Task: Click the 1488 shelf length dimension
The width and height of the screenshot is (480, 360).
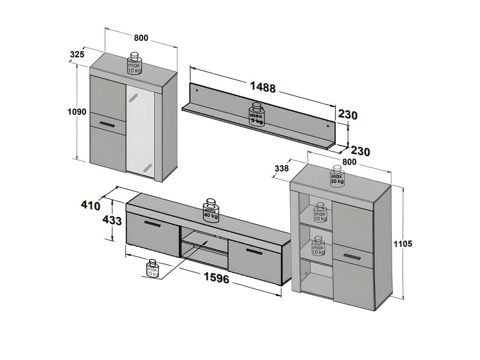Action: point(263,87)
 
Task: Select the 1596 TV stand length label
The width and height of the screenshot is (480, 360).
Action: point(217,278)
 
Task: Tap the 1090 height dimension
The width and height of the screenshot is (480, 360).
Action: point(77,112)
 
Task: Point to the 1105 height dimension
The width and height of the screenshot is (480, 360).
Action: point(403,244)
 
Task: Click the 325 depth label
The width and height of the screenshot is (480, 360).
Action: point(77,54)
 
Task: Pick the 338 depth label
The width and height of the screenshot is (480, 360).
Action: point(281,168)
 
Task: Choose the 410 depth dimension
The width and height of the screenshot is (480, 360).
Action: point(90,205)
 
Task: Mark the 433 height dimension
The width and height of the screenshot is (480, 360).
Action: point(112,220)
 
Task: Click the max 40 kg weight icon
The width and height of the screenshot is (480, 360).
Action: point(211,210)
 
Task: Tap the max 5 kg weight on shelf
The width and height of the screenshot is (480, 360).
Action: point(256,114)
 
